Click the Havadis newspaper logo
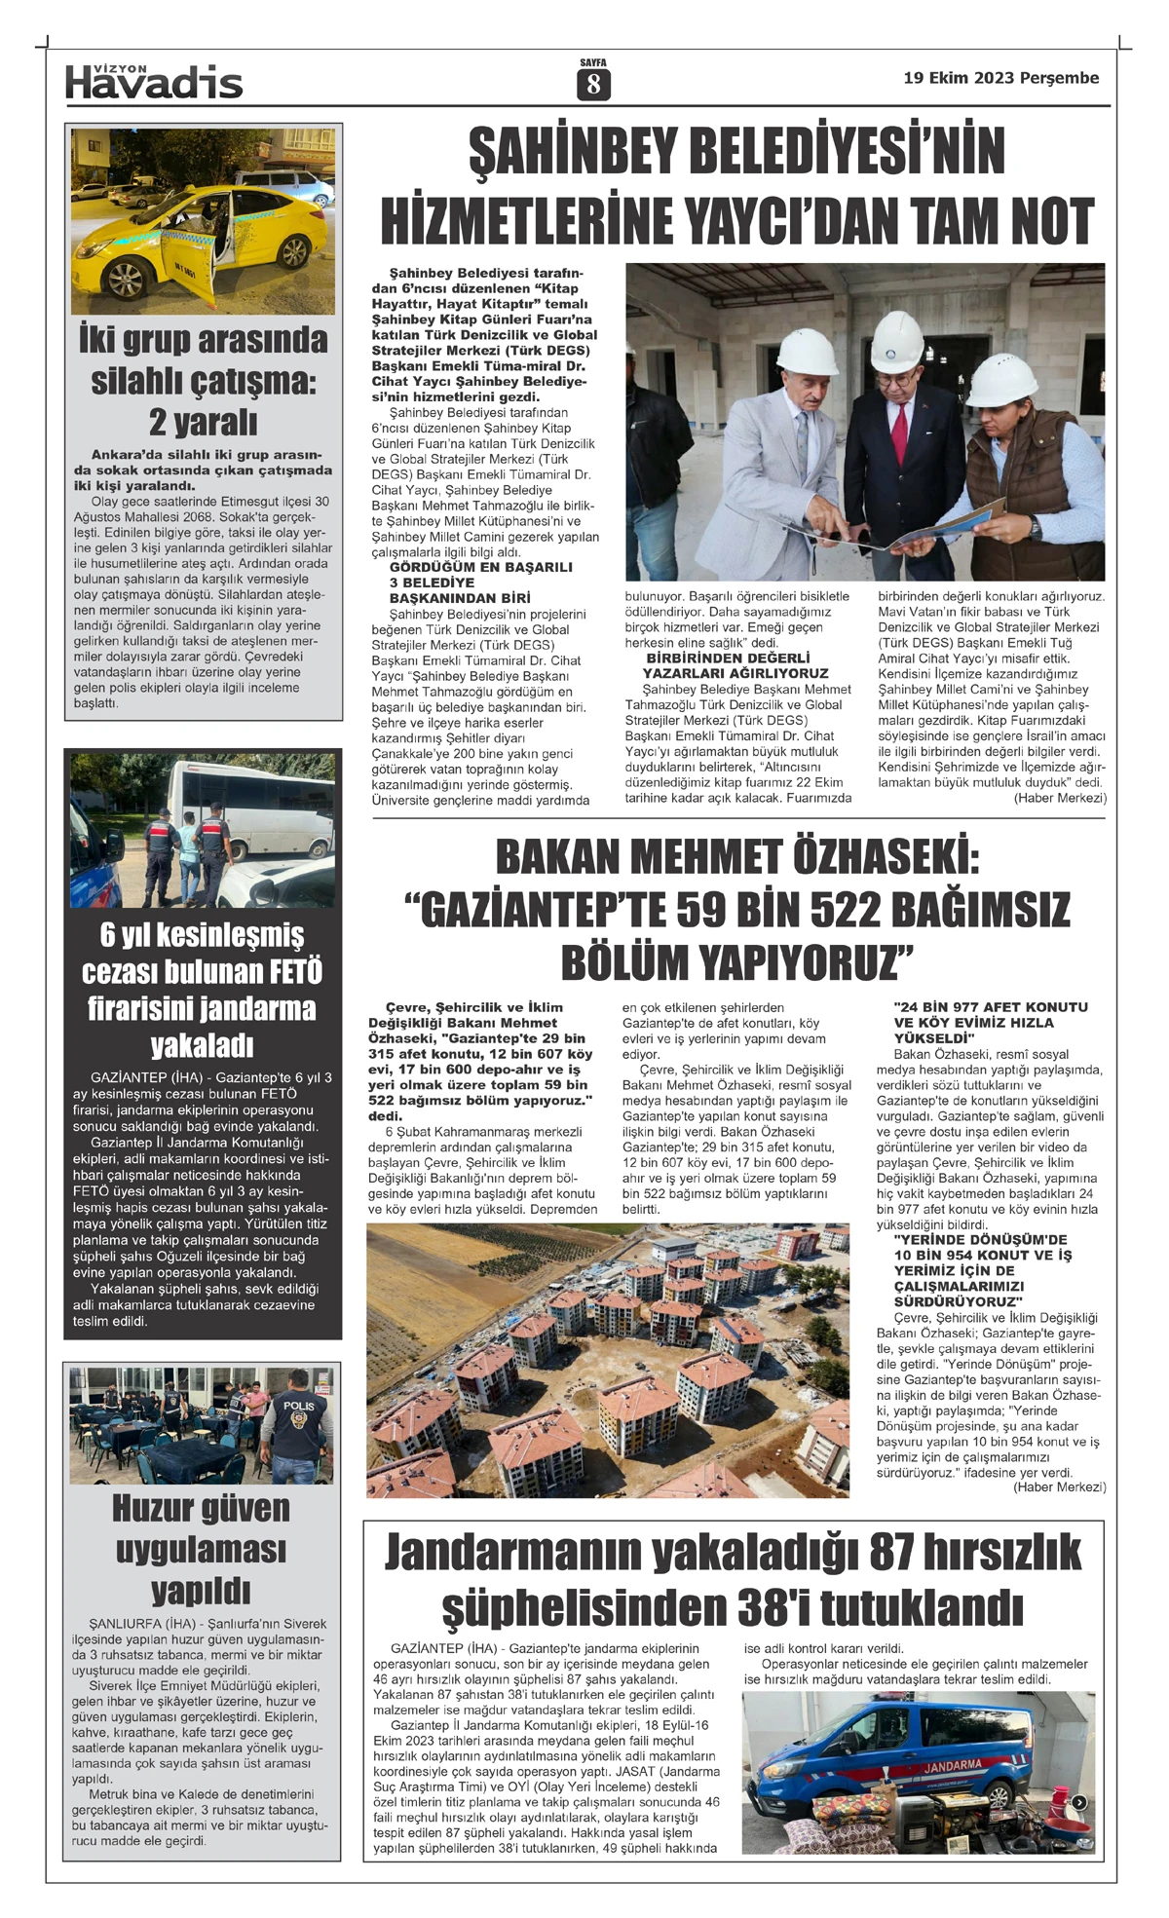click(x=154, y=82)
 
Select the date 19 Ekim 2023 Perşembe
click(x=1000, y=78)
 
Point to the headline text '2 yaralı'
click(x=203, y=422)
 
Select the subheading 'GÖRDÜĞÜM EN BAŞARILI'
click(x=480, y=567)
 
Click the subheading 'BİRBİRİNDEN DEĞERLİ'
click(x=727, y=658)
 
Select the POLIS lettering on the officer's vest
click(x=298, y=1406)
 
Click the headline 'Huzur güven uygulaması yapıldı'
click(x=202, y=1549)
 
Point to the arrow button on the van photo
click(x=1079, y=1802)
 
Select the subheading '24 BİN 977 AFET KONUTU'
click(x=990, y=1007)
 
